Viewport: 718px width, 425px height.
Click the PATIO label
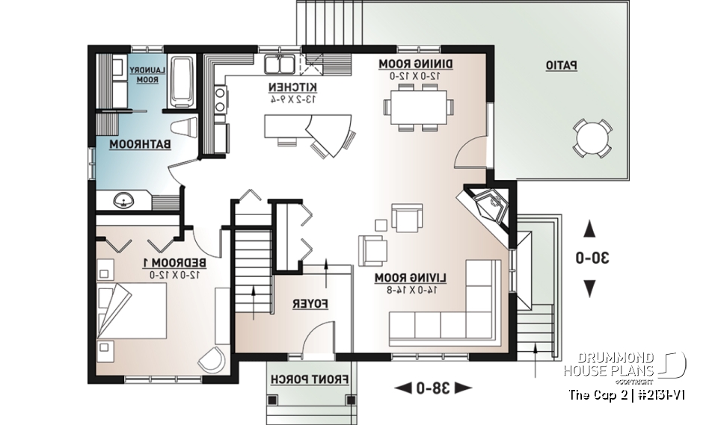pyautogui.click(x=560, y=66)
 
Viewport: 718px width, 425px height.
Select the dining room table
pyautogui.click(x=419, y=106)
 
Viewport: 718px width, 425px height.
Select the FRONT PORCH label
pyautogui.click(x=310, y=379)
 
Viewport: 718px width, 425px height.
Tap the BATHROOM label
pyautogui.click(x=141, y=143)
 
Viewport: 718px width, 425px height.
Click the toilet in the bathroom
pyautogui.click(x=186, y=128)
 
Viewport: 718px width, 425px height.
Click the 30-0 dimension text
pyautogui.click(x=591, y=258)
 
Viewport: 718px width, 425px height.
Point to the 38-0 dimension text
pyautogui.click(x=433, y=387)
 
